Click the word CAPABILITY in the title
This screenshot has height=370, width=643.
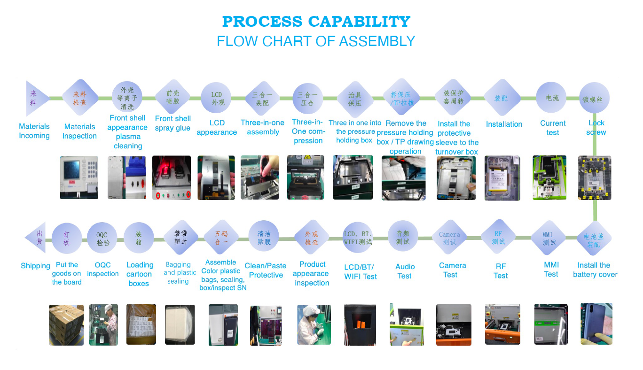click(x=359, y=22)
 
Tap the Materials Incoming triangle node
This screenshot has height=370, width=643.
click(x=36, y=98)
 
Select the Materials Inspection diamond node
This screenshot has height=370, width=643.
click(x=80, y=98)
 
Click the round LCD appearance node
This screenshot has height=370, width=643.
click(x=217, y=98)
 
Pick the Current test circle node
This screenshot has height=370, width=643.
click(x=552, y=98)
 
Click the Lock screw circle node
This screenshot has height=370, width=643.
click(x=595, y=98)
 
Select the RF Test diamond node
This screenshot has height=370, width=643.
click(x=498, y=238)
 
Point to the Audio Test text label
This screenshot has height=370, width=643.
click(x=404, y=271)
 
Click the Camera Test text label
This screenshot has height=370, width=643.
click(x=452, y=270)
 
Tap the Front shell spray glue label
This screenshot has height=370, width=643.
click(x=173, y=123)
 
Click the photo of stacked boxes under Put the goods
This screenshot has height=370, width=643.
click(x=66, y=325)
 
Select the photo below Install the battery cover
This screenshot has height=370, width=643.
click(x=596, y=324)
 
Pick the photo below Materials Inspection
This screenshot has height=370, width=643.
click(x=79, y=177)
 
